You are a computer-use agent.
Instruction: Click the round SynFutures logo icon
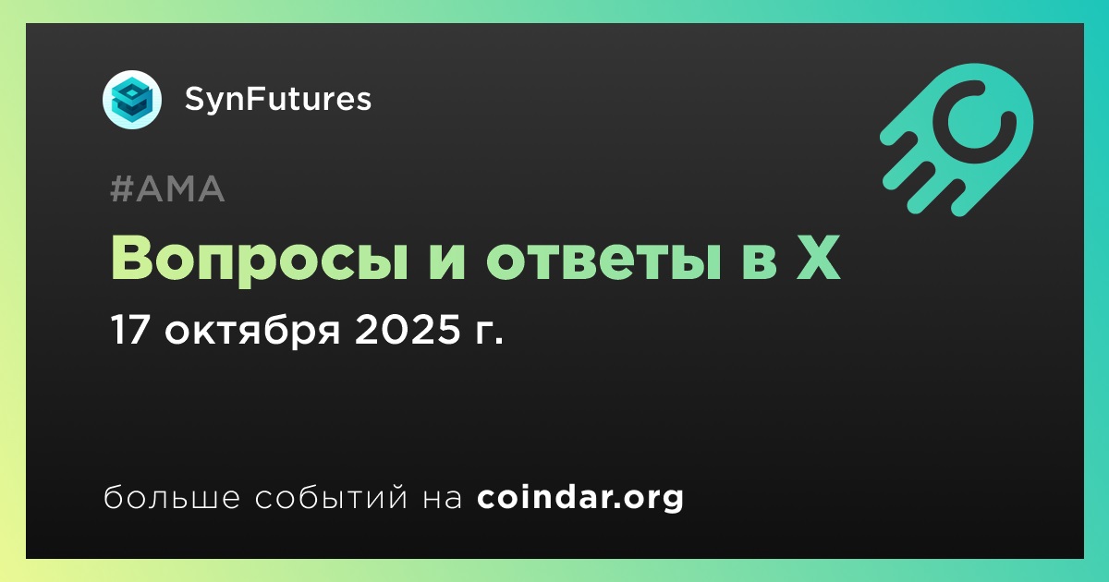pos(132,100)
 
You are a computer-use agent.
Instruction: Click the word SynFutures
pos(278,99)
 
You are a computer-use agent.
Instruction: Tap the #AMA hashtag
pos(167,188)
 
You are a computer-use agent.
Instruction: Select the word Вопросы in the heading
pos(260,259)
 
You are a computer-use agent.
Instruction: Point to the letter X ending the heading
pos(817,258)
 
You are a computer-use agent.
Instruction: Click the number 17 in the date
pos(129,330)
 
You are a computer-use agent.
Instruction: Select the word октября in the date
pos(252,331)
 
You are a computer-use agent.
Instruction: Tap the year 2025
pos(408,330)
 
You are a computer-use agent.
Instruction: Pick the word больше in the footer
pos(172,496)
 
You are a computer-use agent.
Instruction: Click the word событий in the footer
pos(332,496)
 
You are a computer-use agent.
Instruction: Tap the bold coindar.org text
pos(580,497)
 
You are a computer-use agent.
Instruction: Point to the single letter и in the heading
pos(446,261)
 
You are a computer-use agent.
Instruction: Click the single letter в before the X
pos(758,261)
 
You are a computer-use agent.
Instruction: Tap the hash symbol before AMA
pos(121,188)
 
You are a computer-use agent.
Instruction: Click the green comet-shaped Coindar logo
pos(957,139)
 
